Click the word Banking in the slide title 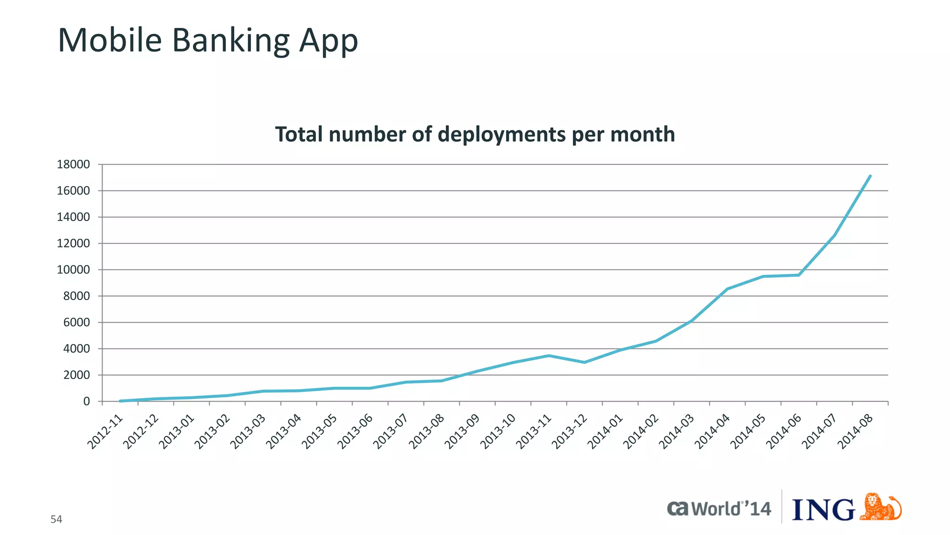pos(231,41)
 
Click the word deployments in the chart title pos(502,135)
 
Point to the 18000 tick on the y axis pos(73,164)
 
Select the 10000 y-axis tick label pos(73,270)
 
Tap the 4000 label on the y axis pos(77,349)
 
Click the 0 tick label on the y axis pos(86,401)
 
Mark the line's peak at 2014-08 pos(870,176)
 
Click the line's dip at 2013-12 pos(584,362)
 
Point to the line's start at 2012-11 pos(120,401)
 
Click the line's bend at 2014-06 pos(799,275)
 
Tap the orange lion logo pos(880,507)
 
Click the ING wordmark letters pos(823,510)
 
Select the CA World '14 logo pos(719,509)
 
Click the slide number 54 pos(56,520)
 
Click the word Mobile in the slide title pos(109,41)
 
